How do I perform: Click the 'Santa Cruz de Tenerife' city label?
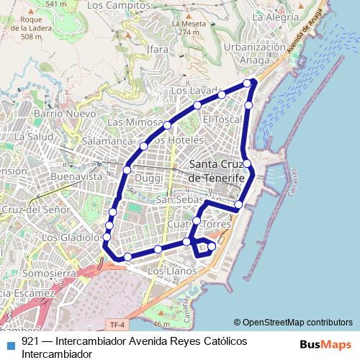point(216,171)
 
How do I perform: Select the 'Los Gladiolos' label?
point(72,237)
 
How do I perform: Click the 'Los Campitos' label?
point(113,5)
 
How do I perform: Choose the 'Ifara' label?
point(156,49)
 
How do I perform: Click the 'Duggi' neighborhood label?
point(149,177)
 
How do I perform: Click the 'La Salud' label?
point(34,136)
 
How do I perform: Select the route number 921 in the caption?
point(30,341)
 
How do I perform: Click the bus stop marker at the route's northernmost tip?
point(248,84)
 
